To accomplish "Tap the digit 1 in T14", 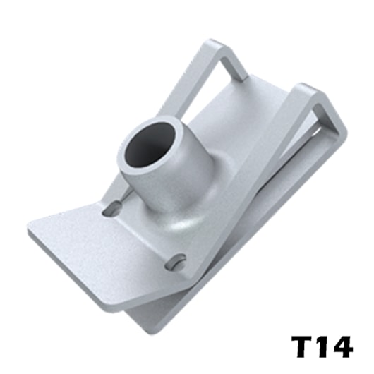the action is click(322, 346).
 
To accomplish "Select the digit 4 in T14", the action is click(342, 346).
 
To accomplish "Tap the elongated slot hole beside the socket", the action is click(112, 208).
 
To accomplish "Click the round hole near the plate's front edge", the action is click(175, 263).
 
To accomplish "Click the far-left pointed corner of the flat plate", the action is click(29, 227).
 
